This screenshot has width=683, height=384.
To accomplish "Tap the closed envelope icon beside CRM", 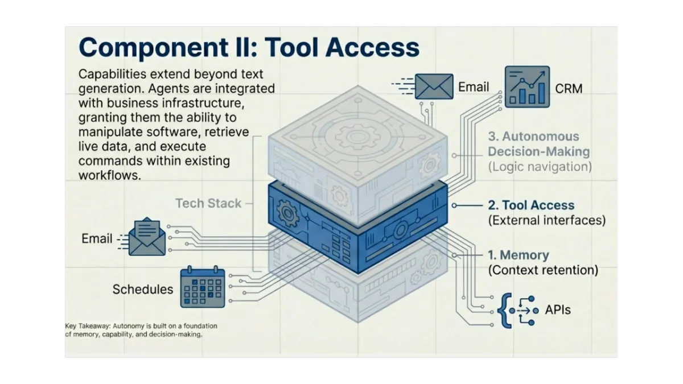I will pyautogui.click(x=434, y=86).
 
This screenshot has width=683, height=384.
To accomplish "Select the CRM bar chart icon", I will pyautogui.click(x=527, y=87).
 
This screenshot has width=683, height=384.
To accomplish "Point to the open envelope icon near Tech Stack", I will pyautogui.click(x=147, y=237).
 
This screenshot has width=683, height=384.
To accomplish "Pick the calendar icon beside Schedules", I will pyautogui.click(x=202, y=288).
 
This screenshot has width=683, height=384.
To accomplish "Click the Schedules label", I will pyautogui.click(x=142, y=289).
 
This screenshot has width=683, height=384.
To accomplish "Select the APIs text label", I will pyautogui.click(x=557, y=310).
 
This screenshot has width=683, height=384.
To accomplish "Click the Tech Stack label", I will pyautogui.click(x=208, y=203).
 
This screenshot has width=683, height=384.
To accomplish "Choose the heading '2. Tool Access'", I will pyautogui.click(x=531, y=205).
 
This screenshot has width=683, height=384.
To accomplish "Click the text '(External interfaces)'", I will pyautogui.click(x=546, y=220).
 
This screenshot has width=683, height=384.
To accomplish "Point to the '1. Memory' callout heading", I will pyautogui.click(x=518, y=255).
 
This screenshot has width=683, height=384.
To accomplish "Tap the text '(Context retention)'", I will pyautogui.click(x=543, y=270).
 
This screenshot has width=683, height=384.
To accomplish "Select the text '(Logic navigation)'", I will pyautogui.click(x=540, y=167).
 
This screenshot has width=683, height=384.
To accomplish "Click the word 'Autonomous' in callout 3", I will pyautogui.click(x=533, y=137).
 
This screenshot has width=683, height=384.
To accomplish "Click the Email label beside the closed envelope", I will pyautogui.click(x=474, y=87).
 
